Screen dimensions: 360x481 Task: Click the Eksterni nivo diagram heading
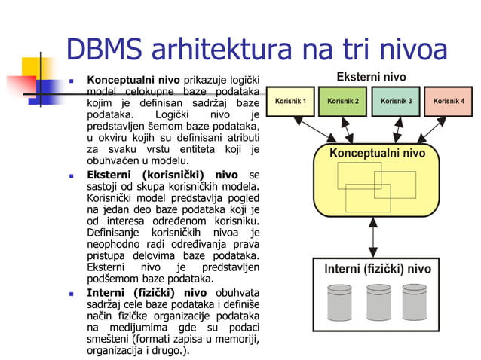pyautogui.click(x=371, y=77)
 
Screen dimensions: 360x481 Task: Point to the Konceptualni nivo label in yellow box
pyautogui.click(x=377, y=154)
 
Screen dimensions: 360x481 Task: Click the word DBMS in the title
pyautogui.click(x=105, y=50)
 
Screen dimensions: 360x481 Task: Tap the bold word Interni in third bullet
pyautogui.click(x=109, y=293)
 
